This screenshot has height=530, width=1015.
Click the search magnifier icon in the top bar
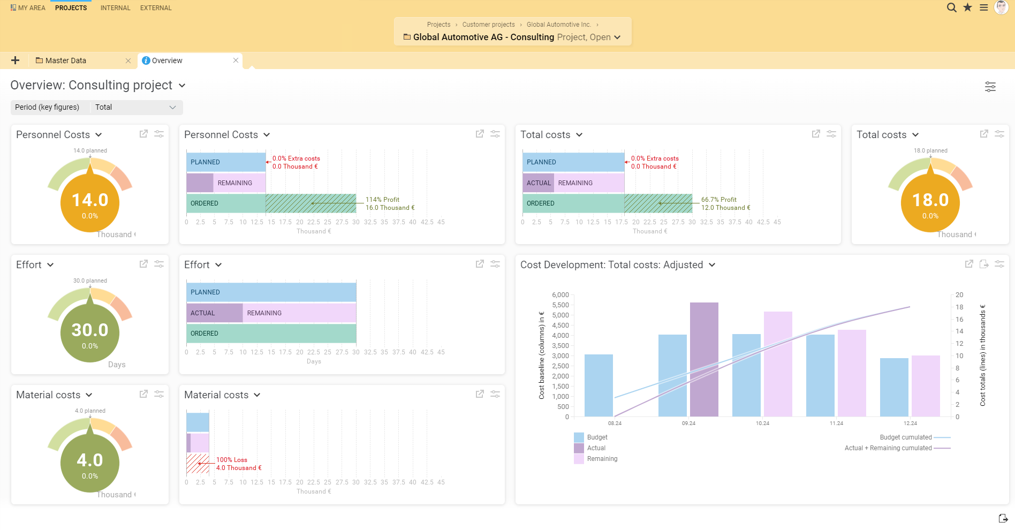click(951, 7)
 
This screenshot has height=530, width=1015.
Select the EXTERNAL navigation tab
click(156, 8)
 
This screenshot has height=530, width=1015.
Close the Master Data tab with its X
click(128, 61)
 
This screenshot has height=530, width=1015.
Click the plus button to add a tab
click(16, 60)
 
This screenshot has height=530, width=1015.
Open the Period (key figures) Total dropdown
click(136, 107)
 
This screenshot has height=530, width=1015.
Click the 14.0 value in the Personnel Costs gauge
click(90, 200)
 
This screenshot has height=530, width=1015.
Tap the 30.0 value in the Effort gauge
click(90, 330)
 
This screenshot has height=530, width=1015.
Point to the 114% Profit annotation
click(382, 200)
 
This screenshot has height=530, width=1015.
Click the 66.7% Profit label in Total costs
click(718, 200)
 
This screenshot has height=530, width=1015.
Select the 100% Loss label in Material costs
click(231, 460)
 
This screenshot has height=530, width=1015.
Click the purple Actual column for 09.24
click(704, 359)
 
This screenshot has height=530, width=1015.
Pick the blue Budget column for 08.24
click(599, 385)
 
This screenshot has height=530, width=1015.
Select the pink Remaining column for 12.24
click(926, 385)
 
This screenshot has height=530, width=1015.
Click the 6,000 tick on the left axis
click(560, 295)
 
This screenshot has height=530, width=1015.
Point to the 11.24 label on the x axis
click(836, 423)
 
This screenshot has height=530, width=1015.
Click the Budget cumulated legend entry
click(906, 437)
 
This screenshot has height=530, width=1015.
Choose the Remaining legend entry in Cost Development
click(602, 459)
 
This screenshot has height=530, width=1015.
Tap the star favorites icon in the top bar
click(967, 7)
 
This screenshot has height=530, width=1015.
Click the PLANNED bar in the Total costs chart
click(573, 162)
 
